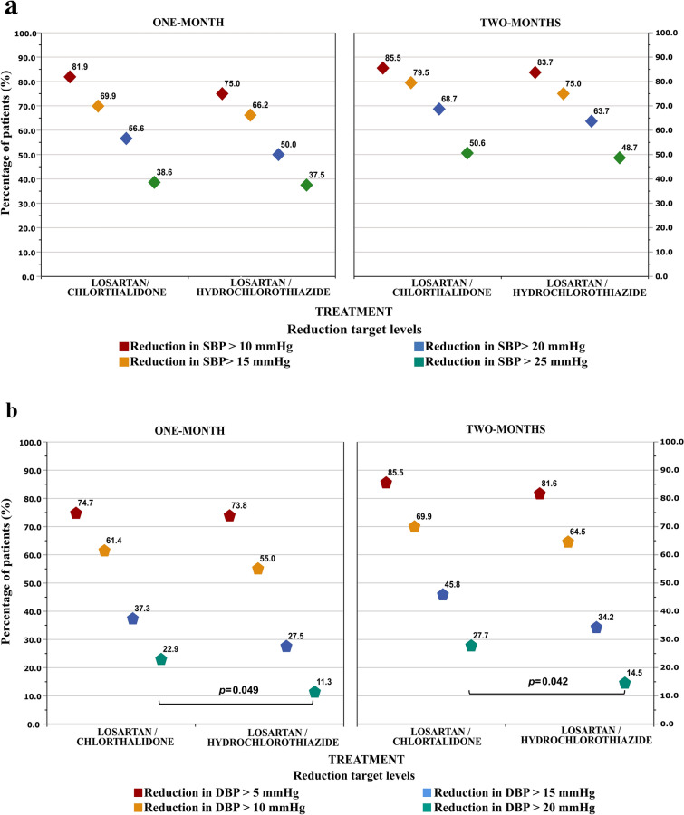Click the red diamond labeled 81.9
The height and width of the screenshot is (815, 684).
pos(70,77)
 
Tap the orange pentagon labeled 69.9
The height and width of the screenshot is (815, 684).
pos(414,526)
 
